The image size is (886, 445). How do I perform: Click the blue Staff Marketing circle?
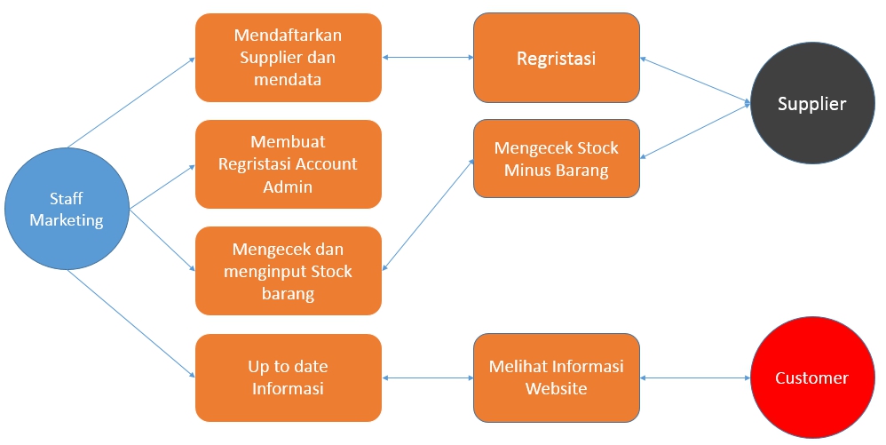[x=67, y=210]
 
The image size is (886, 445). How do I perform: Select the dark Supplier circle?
[x=811, y=104]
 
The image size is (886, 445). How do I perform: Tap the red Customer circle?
[x=811, y=377]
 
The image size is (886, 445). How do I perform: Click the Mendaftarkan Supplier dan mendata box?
[x=289, y=58]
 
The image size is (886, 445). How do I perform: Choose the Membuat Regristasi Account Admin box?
[x=289, y=164]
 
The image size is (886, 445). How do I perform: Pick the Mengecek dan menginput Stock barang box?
[x=289, y=271]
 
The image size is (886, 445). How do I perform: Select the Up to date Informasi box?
[x=289, y=377]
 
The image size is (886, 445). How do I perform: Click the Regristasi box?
[x=556, y=59]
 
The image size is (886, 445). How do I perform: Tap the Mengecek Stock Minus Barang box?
[x=556, y=159]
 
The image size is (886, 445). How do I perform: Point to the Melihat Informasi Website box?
[x=556, y=377]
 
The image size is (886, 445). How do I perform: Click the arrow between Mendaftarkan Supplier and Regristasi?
[x=427, y=58]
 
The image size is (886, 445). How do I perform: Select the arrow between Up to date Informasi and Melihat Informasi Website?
[x=427, y=378]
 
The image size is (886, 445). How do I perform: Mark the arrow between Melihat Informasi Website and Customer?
[x=694, y=378]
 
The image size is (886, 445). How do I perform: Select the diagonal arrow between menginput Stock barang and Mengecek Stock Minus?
[x=427, y=215]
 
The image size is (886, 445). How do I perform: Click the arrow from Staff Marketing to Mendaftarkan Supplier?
[x=131, y=102]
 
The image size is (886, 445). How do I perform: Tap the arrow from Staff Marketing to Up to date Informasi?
[x=131, y=324]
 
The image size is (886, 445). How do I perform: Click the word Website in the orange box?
[x=556, y=388]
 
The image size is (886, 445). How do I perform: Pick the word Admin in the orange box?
[x=288, y=187]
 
